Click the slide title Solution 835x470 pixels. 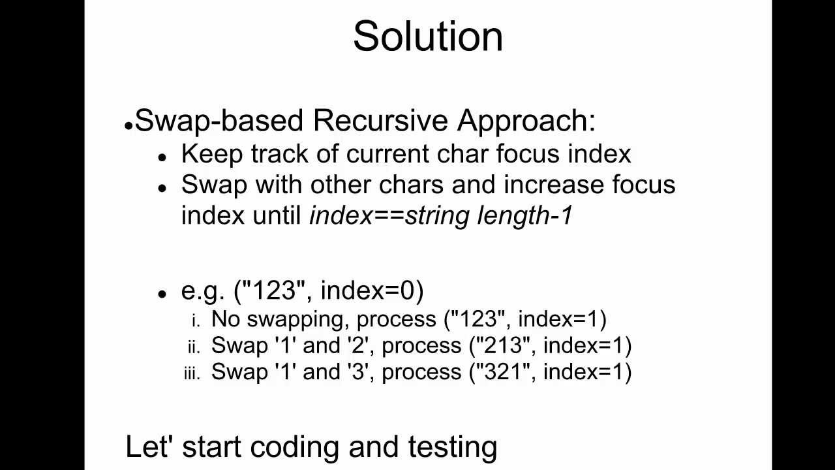pyautogui.click(x=428, y=36)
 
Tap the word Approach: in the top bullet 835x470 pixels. pyautogui.click(x=526, y=121)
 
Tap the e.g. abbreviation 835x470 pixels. pyautogui.click(x=203, y=290)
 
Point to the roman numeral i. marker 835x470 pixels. pyautogui.click(x=196, y=321)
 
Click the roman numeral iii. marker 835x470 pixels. pyautogui.click(x=192, y=373)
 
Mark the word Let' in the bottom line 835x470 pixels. pyautogui.click(x=149, y=447)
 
